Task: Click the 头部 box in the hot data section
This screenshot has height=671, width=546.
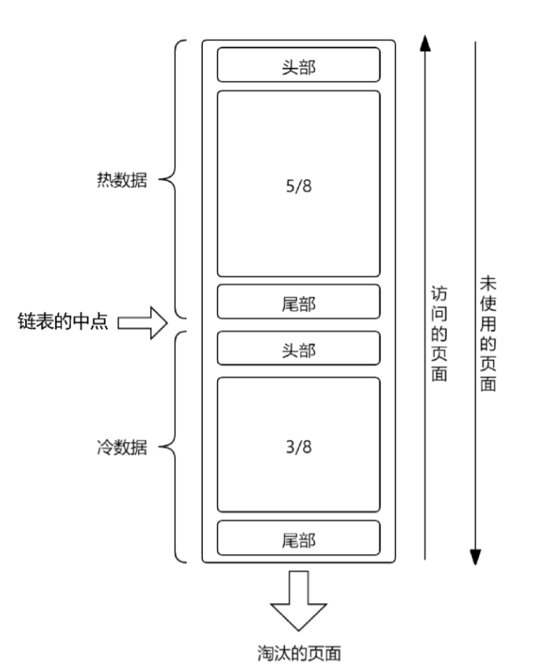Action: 298,65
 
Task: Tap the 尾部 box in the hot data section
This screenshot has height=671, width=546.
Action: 298,302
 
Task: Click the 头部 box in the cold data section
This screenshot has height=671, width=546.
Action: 298,349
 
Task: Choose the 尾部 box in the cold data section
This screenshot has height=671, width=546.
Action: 298,538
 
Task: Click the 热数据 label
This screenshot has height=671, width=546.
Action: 118,180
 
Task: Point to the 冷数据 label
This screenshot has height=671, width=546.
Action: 118,448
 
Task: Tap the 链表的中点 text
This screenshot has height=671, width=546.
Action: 62,321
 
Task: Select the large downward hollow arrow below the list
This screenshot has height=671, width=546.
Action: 298,600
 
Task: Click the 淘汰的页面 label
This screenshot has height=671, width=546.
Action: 299,653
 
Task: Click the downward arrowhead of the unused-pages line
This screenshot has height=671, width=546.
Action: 475,556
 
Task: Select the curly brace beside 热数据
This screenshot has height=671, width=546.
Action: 175,180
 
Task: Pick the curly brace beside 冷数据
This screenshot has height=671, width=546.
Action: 175,448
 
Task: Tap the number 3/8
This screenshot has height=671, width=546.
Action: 298,447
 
